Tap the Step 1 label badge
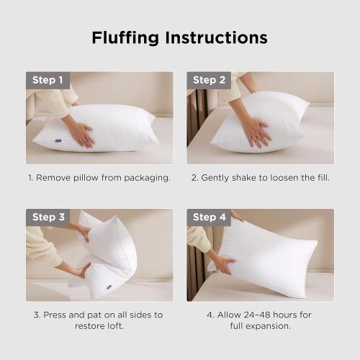(x=48, y=80)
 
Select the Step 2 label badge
(x=210, y=80)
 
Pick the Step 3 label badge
(x=48, y=217)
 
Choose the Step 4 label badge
(x=210, y=217)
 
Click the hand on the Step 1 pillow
(x=80, y=133)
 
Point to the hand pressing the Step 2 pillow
(x=253, y=130)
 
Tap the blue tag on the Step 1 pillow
(x=45, y=142)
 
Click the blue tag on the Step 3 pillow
(x=109, y=287)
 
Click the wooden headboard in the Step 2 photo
(x=193, y=122)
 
